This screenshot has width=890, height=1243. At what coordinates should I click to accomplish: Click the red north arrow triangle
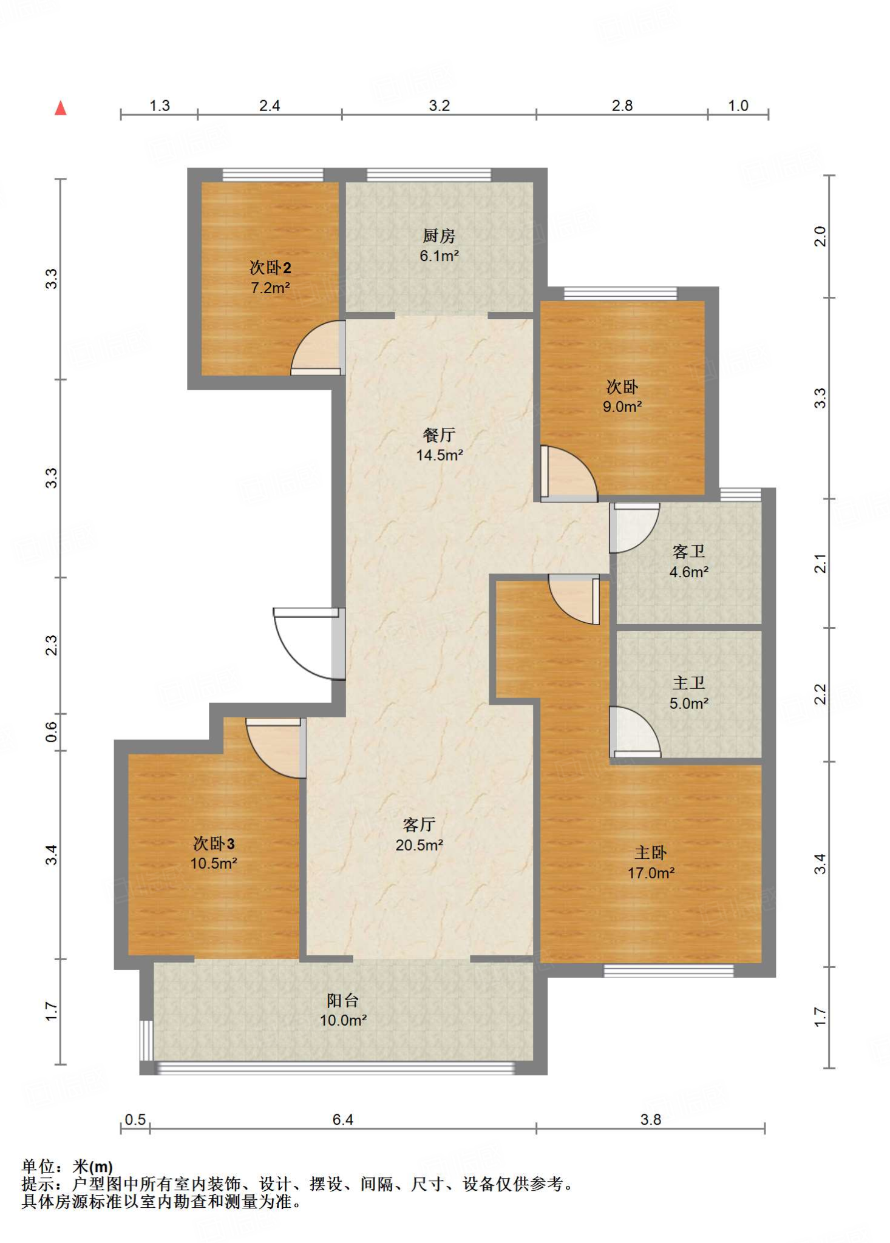60,108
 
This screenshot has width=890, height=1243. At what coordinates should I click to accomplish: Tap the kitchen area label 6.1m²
439,256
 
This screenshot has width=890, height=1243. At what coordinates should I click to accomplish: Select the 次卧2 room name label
270,267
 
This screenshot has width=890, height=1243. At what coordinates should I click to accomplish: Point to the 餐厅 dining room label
439,435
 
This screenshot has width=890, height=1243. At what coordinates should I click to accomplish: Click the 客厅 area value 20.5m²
419,845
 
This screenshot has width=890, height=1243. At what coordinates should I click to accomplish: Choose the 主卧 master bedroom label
651,853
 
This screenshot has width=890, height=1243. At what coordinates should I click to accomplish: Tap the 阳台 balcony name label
343,1000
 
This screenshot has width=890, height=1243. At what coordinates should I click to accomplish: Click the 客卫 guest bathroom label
688,551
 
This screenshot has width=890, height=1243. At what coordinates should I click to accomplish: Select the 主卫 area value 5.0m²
689,703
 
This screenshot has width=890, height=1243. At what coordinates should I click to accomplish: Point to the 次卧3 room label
214,843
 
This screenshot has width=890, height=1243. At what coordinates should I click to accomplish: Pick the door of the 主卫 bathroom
635,732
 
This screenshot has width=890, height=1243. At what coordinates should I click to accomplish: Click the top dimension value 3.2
439,106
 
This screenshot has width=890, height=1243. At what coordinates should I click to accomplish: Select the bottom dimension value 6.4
342,1119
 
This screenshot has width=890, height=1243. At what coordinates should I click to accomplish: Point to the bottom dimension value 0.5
135,1119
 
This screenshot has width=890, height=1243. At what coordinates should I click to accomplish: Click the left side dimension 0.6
52,732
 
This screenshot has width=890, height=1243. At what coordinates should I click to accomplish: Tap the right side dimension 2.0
820,236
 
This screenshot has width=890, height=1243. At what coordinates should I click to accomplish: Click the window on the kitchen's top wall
429,175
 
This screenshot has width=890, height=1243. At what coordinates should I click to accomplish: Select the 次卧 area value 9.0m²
622,407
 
